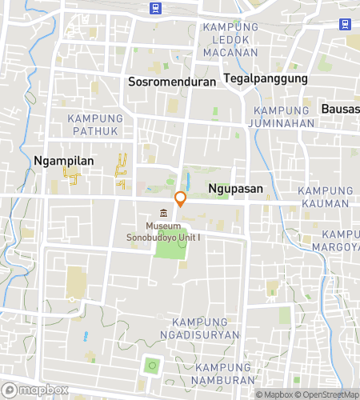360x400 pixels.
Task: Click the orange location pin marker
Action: click(181, 199)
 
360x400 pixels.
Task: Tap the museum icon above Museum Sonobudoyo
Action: click(164, 213)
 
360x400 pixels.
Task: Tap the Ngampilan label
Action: click(64, 161)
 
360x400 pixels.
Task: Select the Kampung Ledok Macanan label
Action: click(230, 40)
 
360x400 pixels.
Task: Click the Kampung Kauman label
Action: click(325, 197)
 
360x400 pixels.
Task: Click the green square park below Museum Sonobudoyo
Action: click(169, 243)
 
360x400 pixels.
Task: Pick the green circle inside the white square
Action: click(150, 366)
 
